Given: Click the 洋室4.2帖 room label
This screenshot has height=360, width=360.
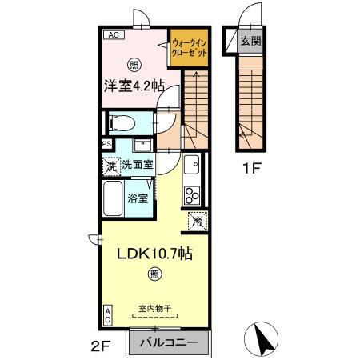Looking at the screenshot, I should (x=132, y=86).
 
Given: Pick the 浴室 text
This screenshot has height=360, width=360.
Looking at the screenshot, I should (x=137, y=198).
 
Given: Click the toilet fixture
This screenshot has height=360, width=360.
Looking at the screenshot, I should (x=122, y=123).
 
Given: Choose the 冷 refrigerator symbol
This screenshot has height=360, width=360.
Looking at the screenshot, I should (x=196, y=219).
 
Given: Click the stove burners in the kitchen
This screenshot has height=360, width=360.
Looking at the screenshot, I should (x=194, y=195).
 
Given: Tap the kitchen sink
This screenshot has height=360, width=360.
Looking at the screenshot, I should (x=192, y=166).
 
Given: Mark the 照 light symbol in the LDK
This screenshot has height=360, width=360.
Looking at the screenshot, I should (x=153, y=274).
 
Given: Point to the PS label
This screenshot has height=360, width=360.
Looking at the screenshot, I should (x=106, y=145).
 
